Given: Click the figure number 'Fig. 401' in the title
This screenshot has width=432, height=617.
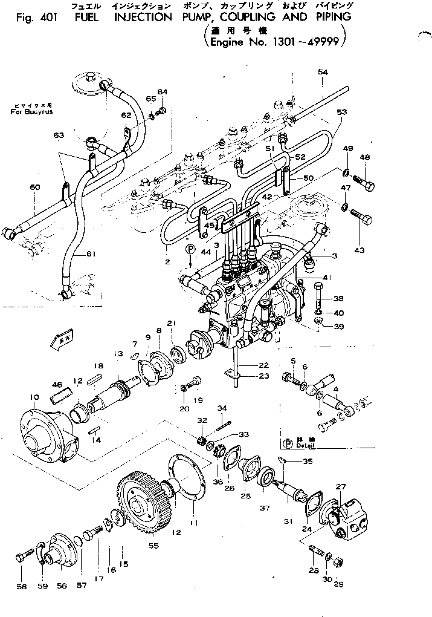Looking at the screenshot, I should pyautogui.click(x=34, y=18).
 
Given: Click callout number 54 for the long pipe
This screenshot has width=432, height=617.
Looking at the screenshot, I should pyautogui.click(x=323, y=73).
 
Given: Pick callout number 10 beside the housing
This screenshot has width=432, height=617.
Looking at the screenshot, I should pyautogui.click(x=34, y=397).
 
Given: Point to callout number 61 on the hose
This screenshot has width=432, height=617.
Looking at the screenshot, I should pyautogui.click(x=91, y=254).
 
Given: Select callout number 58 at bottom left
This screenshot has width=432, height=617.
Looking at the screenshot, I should pyautogui.click(x=22, y=586).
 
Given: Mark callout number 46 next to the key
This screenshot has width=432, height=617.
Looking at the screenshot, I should pyautogui.click(x=57, y=384).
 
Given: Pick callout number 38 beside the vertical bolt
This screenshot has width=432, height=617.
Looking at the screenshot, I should pyautogui.click(x=338, y=299).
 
